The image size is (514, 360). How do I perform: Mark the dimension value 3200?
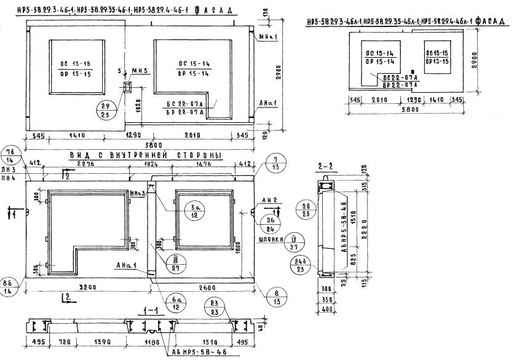(87, 286)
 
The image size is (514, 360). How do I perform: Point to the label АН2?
(269, 201)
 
